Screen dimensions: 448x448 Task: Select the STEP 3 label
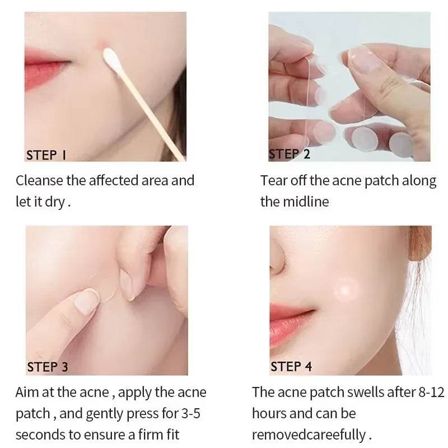[48, 367]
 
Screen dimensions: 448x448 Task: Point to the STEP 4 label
[291, 367]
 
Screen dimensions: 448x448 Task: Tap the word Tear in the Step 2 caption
[272, 181]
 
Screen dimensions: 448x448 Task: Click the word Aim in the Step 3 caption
[27, 393]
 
